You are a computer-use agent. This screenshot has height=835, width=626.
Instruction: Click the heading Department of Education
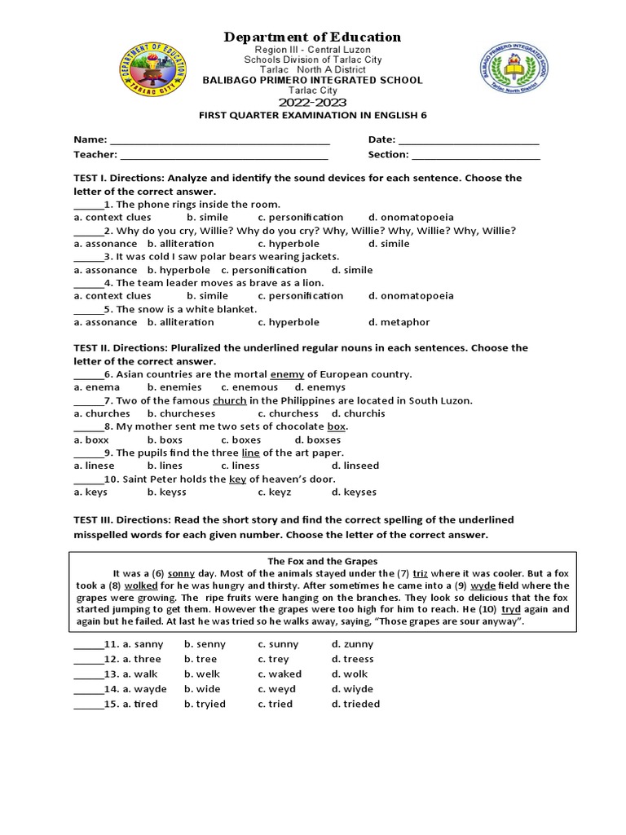(313, 37)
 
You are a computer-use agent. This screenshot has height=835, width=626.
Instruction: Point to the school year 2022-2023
(313, 103)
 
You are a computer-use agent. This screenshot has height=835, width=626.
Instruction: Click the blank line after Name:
(219, 140)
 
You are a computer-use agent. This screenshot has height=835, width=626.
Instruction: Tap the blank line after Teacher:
(224, 154)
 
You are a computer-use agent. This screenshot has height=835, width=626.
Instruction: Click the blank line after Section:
(476, 154)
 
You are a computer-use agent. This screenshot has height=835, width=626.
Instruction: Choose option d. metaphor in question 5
(399, 322)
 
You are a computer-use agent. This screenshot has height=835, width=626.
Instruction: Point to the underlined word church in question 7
(229, 400)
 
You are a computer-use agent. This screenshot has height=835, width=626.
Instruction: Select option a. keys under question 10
(90, 492)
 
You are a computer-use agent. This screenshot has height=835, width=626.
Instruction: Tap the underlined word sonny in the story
(182, 573)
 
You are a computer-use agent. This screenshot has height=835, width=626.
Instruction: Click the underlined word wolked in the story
(141, 585)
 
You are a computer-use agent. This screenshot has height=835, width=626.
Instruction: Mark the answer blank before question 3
(88, 257)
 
